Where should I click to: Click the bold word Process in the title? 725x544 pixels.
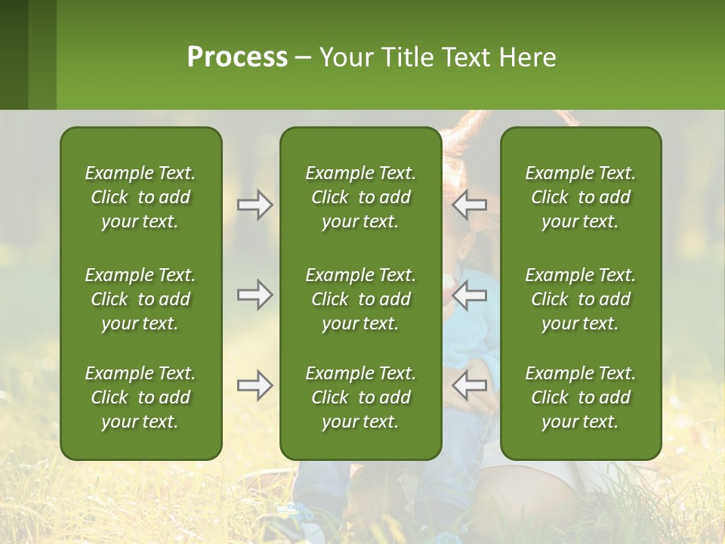point(237,57)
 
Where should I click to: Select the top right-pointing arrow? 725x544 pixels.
point(255,205)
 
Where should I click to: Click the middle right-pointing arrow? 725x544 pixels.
point(255,295)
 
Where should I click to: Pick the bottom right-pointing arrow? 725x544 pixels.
point(255,385)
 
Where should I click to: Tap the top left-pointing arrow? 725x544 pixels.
point(469,205)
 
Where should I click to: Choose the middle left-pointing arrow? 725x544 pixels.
point(469,295)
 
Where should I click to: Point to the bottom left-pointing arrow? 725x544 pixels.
point(469,385)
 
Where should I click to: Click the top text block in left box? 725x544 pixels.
point(140,197)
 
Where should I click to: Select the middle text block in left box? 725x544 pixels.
point(140,299)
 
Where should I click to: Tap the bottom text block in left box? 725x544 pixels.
point(140,397)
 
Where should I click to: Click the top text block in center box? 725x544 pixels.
point(360,197)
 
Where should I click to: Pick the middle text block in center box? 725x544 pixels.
point(360,299)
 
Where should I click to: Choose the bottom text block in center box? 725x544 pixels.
point(360,397)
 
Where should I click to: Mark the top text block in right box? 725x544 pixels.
point(581,197)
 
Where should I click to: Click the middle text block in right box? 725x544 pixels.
point(581,299)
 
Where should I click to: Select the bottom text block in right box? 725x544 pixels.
point(581,397)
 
